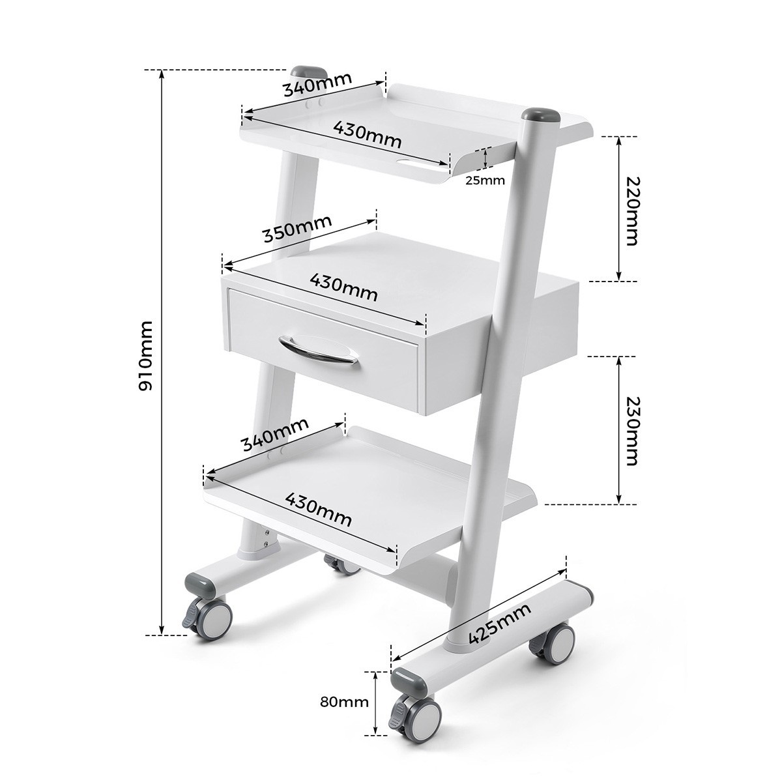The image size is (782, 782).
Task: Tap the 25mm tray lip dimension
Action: (485, 181)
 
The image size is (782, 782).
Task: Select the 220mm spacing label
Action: (631, 210)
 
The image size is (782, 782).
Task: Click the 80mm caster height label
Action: (344, 702)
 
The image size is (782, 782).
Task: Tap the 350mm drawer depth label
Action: (297, 228)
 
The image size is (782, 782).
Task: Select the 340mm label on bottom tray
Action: (274, 435)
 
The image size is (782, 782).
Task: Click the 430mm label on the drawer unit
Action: (343, 287)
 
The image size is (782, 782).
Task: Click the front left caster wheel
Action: (212, 616)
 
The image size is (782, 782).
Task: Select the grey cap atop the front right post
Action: (540, 116)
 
